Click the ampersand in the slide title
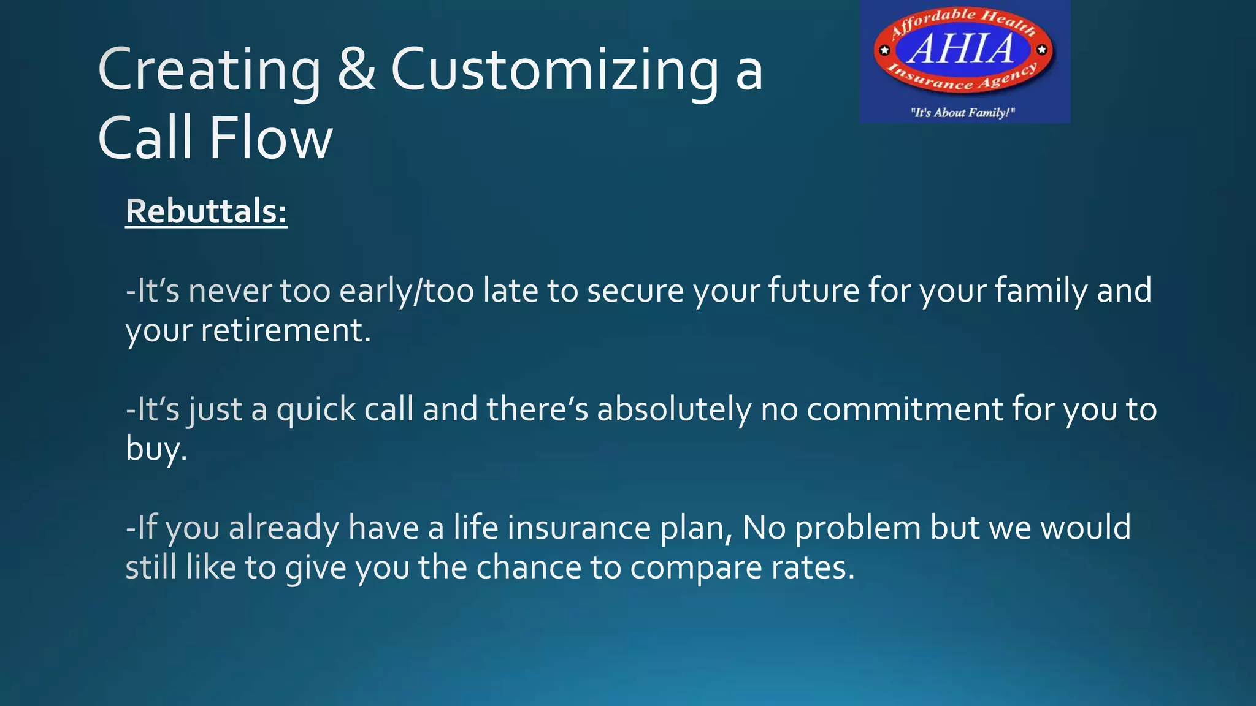coord(356,70)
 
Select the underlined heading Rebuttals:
coord(206,211)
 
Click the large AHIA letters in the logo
coord(962,49)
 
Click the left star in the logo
coord(884,50)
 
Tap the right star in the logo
coord(1042,50)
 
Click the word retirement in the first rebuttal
coord(285,330)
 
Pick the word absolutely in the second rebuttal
coord(674,409)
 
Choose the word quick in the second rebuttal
coord(316,409)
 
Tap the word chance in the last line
coord(528,567)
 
